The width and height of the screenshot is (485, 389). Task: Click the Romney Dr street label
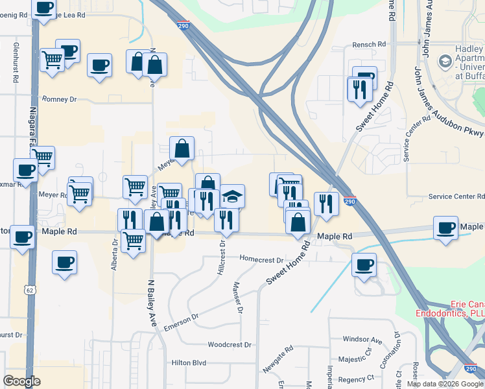59,99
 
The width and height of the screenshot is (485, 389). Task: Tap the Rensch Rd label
369,45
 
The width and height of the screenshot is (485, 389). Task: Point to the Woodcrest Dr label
229,344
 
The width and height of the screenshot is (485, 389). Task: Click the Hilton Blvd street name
189,363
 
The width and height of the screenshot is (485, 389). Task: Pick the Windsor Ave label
362,339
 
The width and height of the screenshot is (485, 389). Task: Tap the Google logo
22,381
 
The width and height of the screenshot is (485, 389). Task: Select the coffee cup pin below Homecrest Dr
364,264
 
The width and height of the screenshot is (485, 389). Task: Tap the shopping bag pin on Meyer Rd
182,148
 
